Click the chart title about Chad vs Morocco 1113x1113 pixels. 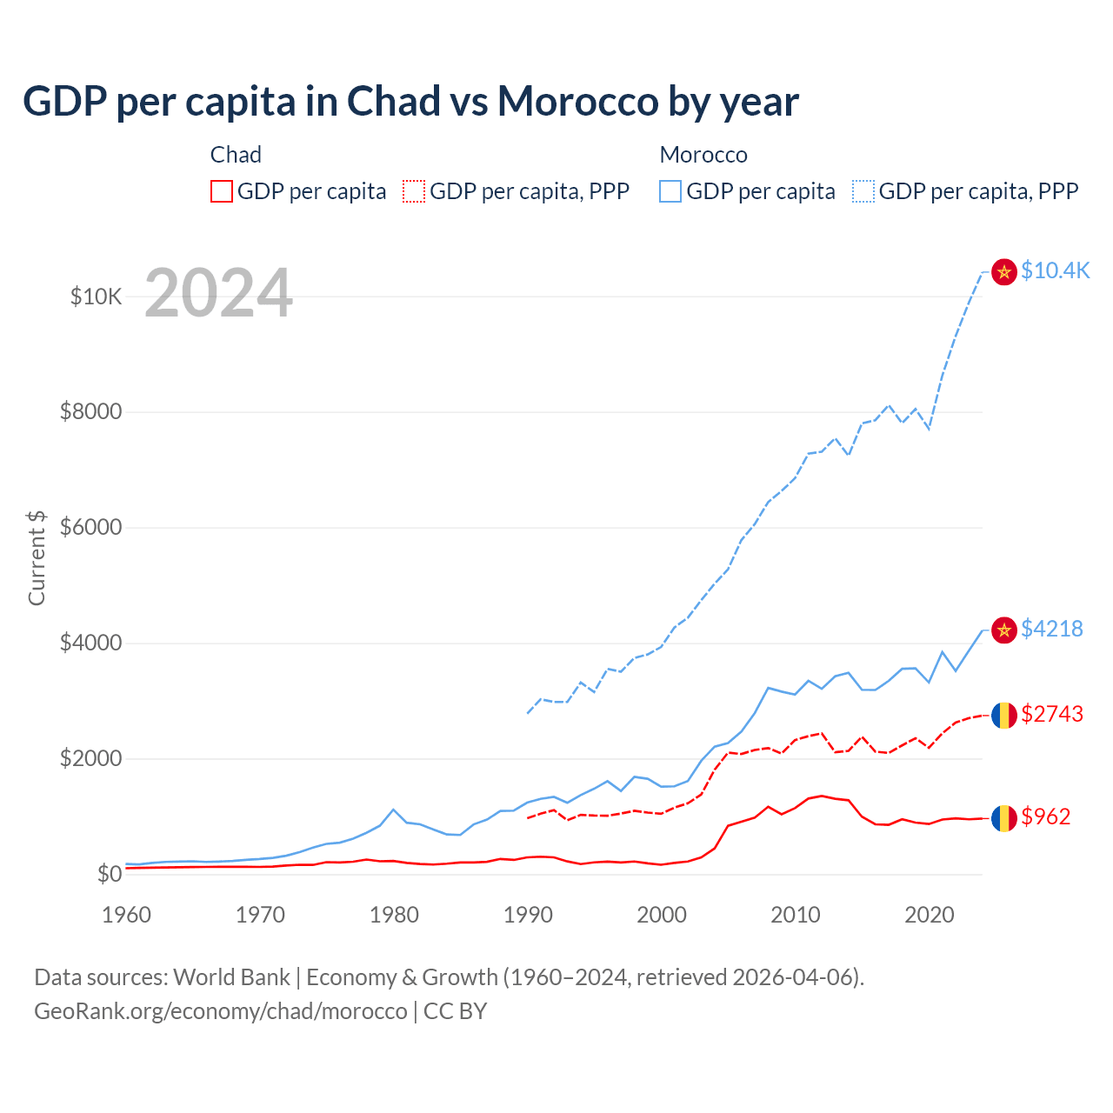pyautogui.click(x=410, y=102)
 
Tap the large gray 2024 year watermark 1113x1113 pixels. pyautogui.click(x=218, y=293)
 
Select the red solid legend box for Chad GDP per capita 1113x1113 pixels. pyautogui.click(x=222, y=191)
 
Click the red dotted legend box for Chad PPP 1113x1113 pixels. pyautogui.click(x=414, y=191)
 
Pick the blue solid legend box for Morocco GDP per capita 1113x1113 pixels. pyautogui.click(x=670, y=191)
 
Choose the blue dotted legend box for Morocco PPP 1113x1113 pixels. pyautogui.click(x=863, y=191)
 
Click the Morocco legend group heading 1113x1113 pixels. pyautogui.click(x=703, y=155)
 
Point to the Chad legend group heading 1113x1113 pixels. pyautogui.click(x=236, y=155)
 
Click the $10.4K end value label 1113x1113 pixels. pyautogui.click(x=1055, y=270)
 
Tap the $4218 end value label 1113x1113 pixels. pyautogui.click(x=1051, y=629)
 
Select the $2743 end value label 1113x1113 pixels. pyautogui.click(x=1051, y=714)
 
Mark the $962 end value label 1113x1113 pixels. pyautogui.click(x=1045, y=816)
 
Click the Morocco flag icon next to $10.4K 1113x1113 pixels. pyautogui.click(x=1004, y=271)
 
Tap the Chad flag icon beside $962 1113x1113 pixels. pyautogui.click(x=1004, y=817)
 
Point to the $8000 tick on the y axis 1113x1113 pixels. pyautogui.click(x=90, y=411)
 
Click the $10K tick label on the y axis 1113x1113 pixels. pyautogui.click(x=96, y=297)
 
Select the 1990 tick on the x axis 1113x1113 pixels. pyautogui.click(x=528, y=915)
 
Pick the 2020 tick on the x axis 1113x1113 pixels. pyautogui.click(x=929, y=915)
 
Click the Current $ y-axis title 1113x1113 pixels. pyautogui.click(x=37, y=557)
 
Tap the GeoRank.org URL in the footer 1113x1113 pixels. pyautogui.click(x=221, y=1011)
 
